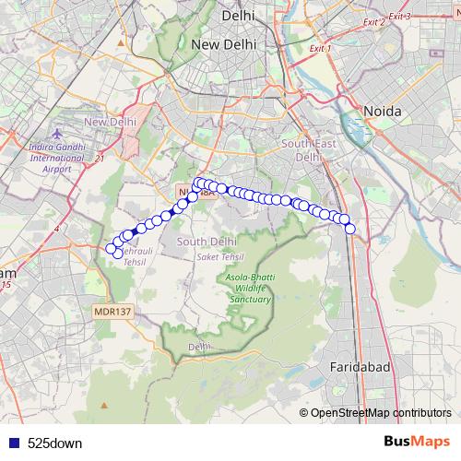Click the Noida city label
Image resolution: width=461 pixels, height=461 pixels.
(x=383, y=111)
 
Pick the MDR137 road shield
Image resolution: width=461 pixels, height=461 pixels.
(x=113, y=312)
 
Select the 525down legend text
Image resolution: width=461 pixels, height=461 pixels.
(x=54, y=443)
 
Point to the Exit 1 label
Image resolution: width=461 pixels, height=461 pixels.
(x=316, y=47)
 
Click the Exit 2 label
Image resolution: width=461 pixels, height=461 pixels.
(x=373, y=21)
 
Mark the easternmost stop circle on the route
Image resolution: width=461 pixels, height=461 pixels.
(x=349, y=229)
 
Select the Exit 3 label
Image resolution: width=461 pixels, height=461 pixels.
(x=399, y=16)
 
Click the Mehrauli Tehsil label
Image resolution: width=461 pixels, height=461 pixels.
(x=135, y=256)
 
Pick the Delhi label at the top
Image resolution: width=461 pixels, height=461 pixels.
(x=238, y=16)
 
